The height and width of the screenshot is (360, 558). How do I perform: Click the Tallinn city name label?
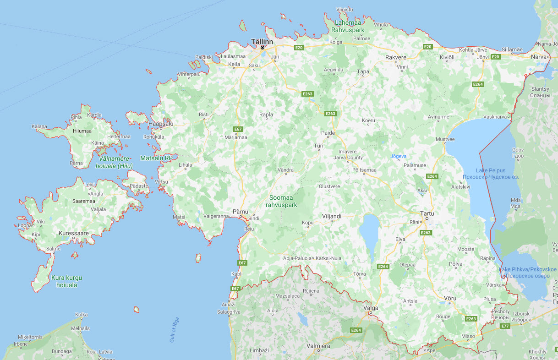coord(262,42)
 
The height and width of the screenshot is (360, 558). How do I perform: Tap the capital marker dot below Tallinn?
coord(263,48)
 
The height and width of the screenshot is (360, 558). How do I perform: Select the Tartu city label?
coord(427,213)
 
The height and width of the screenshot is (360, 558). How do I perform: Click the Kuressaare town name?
coord(74,233)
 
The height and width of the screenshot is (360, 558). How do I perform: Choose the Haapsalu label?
coord(161,124)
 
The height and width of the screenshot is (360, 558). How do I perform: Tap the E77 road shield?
coord(505,326)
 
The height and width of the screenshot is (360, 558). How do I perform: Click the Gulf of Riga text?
coord(174,330)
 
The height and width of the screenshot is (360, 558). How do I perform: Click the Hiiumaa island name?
coord(82,131)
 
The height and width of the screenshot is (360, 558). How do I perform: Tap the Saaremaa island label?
coord(83,201)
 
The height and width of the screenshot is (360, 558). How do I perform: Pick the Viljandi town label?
coord(332,216)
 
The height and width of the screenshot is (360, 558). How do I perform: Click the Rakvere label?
coord(396,58)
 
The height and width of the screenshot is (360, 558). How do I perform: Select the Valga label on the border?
coord(371,308)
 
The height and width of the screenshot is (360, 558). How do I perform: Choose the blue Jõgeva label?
coord(398,156)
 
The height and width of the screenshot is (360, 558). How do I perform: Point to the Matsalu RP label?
coord(156,158)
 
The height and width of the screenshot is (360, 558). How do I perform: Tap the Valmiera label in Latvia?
coord(318,346)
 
